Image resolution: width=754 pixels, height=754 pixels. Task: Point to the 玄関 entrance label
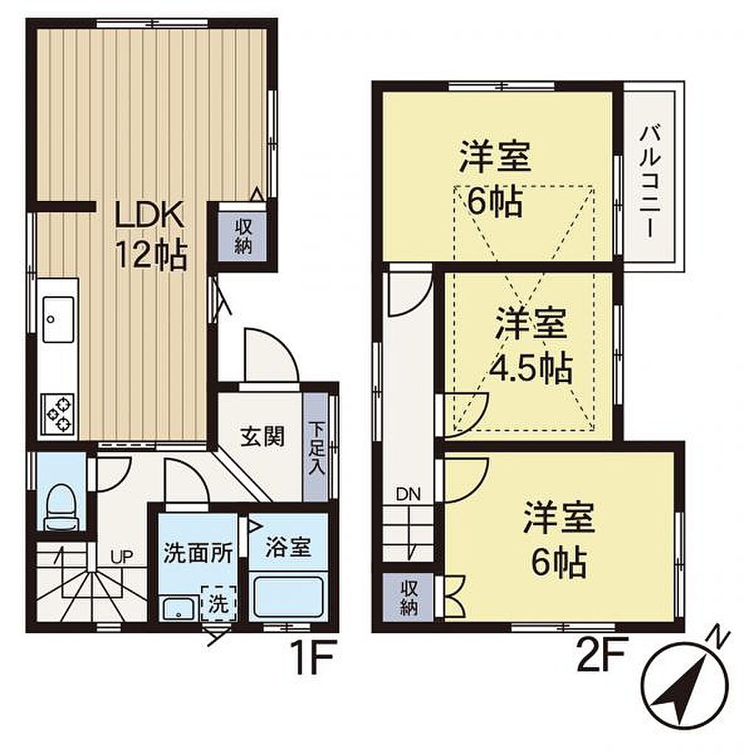[x=263, y=437]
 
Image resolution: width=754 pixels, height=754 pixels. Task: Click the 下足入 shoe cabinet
[x=316, y=448]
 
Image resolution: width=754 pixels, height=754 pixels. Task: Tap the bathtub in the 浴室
[x=288, y=597]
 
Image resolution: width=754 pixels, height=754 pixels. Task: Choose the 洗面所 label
[x=198, y=553]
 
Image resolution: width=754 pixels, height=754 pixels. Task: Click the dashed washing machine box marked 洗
[x=219, y=602]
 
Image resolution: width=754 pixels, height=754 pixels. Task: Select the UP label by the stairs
[x=121, y=557]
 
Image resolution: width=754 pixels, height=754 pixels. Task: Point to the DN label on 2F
[x=408, y=494]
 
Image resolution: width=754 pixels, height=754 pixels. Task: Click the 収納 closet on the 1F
[x=243, y=236]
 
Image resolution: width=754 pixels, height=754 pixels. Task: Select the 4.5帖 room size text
[x=531, y=369]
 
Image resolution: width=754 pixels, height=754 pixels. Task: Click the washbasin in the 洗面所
[x=179, y=609]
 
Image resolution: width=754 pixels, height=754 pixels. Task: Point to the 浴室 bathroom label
[x=288, y=548]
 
